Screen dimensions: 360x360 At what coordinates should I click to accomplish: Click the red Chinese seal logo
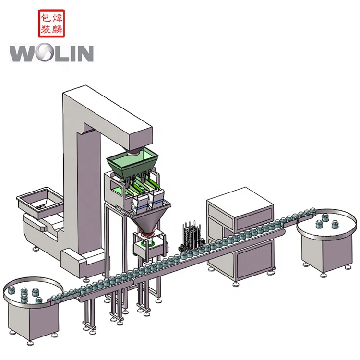51,24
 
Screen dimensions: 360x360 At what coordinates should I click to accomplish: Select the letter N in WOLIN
84,53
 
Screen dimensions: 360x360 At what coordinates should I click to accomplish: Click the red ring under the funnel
148,234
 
